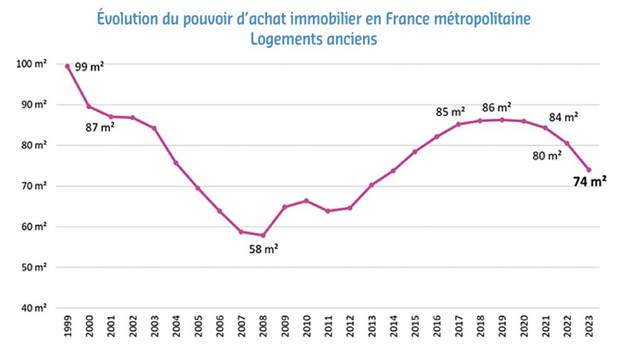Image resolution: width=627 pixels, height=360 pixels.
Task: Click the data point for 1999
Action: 67,66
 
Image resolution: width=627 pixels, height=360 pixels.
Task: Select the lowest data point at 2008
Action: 263,235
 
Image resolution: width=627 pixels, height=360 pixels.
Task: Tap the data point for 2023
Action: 589,170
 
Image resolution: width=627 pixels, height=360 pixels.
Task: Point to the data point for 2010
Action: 306,201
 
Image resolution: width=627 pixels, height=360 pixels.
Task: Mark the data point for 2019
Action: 502,120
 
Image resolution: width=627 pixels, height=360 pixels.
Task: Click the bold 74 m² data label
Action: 589,183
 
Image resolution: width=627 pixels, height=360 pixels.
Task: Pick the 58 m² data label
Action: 263,248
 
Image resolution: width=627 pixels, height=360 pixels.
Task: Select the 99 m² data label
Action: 89,66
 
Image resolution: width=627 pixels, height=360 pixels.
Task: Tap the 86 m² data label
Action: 497,107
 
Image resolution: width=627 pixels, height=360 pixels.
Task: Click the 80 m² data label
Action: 547,156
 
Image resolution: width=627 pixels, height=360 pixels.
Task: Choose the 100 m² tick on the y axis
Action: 35,64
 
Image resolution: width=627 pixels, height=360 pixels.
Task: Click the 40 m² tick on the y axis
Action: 36,308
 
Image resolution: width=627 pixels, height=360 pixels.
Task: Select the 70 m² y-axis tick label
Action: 36,186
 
